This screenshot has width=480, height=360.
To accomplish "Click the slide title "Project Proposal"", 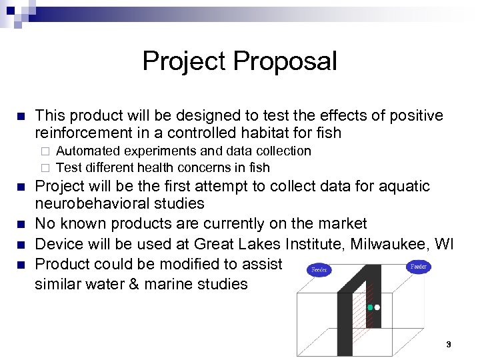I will (x=239, y=61).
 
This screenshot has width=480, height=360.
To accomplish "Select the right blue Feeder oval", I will (x=419, y=267).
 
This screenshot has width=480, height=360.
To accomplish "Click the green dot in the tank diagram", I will (x=370, y=307).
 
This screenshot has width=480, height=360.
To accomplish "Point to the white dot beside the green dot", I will (x=377, y=307).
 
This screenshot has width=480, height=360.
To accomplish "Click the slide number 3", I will (x=449, y=345).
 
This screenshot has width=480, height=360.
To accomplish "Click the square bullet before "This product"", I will (x=21, y=116).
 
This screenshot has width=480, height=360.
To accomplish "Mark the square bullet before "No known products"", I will (x=21, y=223).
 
